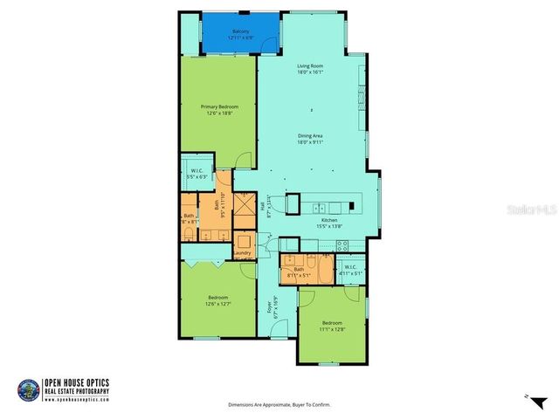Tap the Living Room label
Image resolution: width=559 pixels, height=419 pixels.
coord(310,66)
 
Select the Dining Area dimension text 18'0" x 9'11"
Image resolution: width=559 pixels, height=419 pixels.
coord(311,141)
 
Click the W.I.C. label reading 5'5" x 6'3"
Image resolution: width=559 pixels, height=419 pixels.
coord(197,172)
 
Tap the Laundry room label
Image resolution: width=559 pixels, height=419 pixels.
coord(242,254)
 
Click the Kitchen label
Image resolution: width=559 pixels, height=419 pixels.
coord(328,220)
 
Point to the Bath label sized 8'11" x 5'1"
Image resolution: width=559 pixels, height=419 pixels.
coord(299,271)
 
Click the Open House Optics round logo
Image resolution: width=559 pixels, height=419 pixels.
coord(28,388)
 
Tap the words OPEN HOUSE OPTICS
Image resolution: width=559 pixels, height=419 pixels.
coord(79,382)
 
